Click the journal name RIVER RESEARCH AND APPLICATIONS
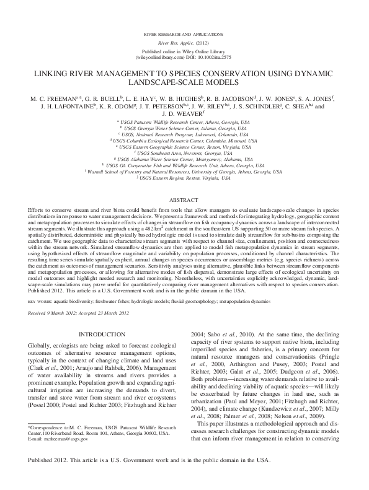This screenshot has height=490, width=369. click(x=184, y=31)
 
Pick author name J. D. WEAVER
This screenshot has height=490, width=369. click(x=184, y=113)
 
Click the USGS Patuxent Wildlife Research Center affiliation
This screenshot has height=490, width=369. click(x=184, y=123)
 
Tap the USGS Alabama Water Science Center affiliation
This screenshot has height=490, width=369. click(x=184, y=159)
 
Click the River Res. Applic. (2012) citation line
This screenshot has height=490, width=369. click(x=184, y=43)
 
